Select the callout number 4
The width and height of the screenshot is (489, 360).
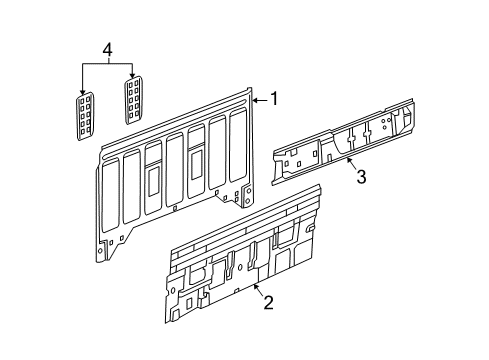[x=107, y=47]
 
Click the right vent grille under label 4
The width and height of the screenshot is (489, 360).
[x=132, y=98]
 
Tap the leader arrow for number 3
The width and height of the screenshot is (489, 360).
[x=349, y=161]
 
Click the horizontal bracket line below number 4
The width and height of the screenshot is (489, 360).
[x=107, y=63]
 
